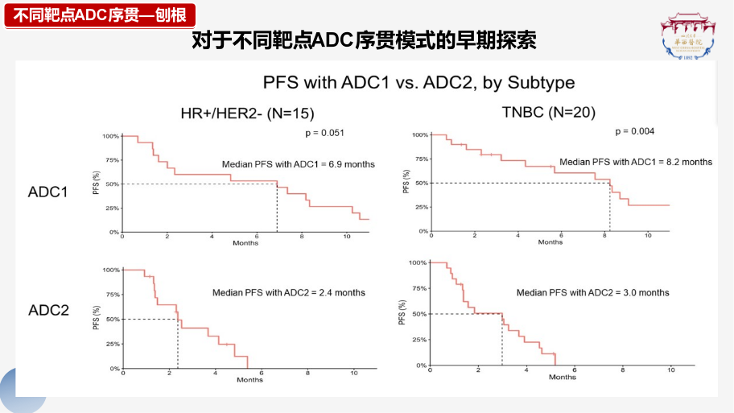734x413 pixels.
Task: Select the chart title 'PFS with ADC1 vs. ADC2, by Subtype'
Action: [419, 83]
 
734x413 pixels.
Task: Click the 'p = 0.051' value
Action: [324, 132]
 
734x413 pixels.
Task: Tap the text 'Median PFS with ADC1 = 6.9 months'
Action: [298, 164]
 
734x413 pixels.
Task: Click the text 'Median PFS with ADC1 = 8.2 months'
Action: [636, 162]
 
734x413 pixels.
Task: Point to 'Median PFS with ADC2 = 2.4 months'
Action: [288, 292]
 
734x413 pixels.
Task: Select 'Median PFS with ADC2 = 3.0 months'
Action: [592, 292]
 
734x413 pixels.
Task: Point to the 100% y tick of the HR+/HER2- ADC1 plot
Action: [110, 136]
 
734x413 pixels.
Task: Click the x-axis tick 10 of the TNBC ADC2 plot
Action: [671, 371]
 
